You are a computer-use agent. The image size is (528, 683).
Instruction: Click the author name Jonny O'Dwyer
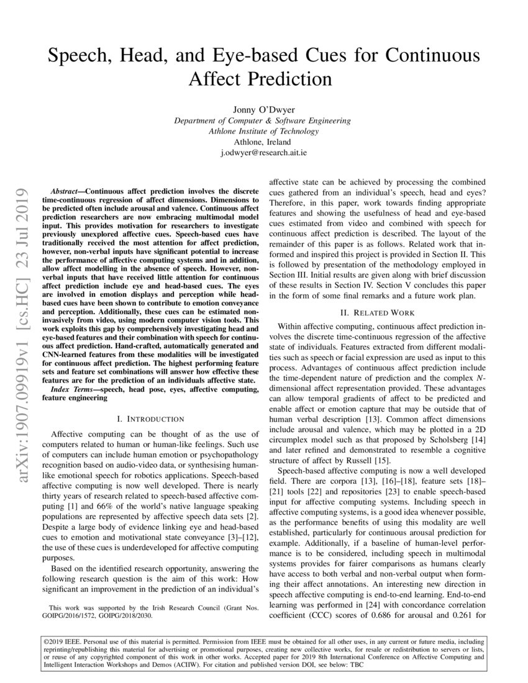point(263,109)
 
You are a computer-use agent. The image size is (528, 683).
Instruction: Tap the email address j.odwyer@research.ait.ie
point(263,152)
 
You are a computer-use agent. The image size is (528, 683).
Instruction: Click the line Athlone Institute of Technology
point(263,131)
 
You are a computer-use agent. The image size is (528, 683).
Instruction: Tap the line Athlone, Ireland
point(263,142)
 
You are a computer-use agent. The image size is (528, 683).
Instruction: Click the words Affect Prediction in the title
point(263,79)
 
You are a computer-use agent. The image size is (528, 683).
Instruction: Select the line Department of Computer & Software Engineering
point(263,120)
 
